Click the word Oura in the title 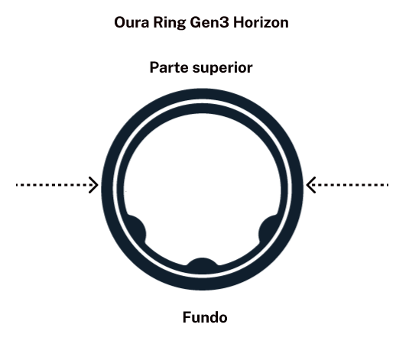tap(131, 22)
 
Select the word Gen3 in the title tap(209, 23)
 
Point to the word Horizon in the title tap(261, 22)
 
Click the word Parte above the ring tap(169, 67)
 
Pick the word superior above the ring tap(222, 68)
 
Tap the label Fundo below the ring tap(205, 317)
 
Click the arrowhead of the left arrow tap(94, 185)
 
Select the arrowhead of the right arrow tap(310, 185)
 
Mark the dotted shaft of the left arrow tap(55, 185)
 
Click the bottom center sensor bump tap(202, 263)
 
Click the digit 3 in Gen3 tap(225, 23)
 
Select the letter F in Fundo tap(187, 317)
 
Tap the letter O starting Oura tap(120, 23)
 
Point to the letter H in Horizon tap(239, 23)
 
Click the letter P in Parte tap(154, 67)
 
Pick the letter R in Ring tap(157, 23)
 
